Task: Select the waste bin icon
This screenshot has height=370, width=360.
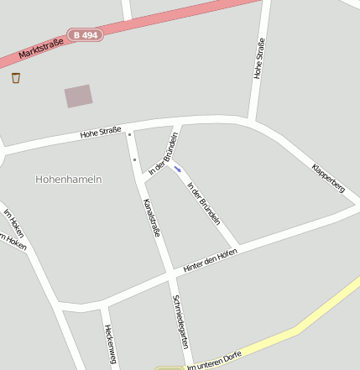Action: point(16,78)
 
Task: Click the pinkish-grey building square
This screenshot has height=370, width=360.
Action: point(79,96)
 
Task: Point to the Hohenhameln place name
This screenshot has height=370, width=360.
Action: point(69,180)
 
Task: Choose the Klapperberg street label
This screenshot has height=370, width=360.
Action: point(328,177)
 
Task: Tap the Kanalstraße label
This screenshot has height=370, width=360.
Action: point(151,217)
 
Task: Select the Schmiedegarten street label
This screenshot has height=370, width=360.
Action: point(180,322)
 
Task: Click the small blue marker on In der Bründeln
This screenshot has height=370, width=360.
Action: point(177,169)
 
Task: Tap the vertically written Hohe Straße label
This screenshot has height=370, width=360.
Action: point(259,59)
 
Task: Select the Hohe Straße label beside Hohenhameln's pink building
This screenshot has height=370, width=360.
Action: point(101,131)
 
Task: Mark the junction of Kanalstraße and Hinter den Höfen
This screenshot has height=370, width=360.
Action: point(170,274)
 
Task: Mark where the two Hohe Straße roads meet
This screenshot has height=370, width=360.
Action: point(250,120)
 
